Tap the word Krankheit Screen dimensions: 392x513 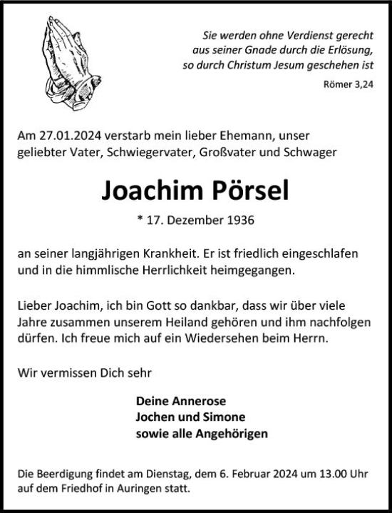(202, 255)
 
